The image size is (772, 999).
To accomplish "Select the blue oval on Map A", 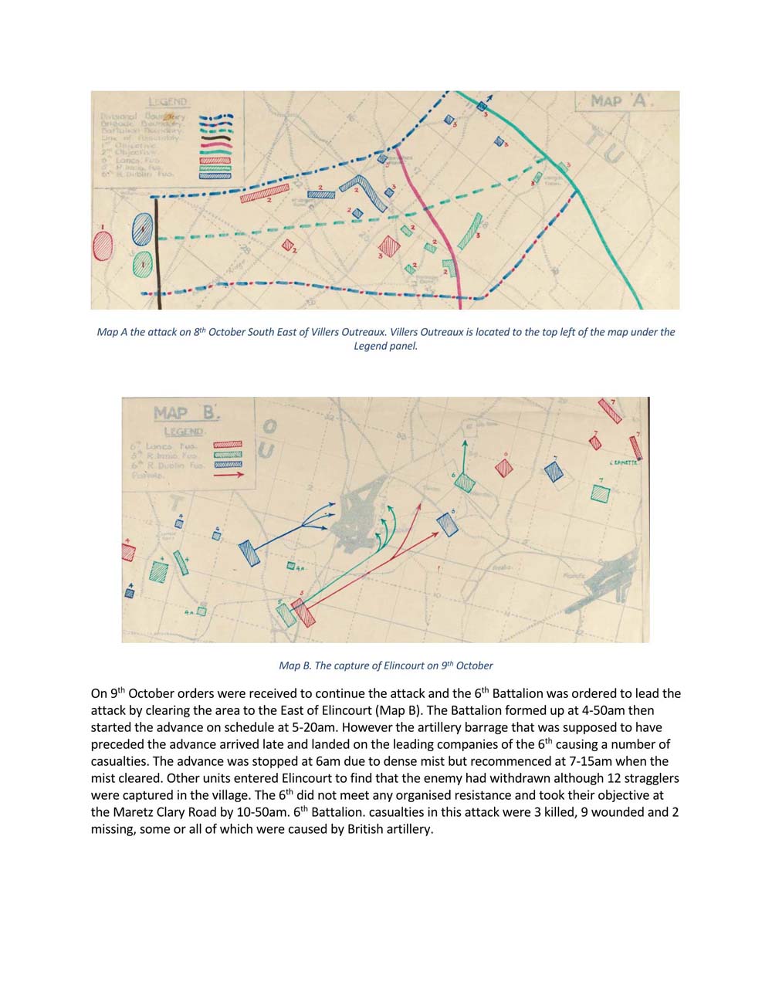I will pos(143,229).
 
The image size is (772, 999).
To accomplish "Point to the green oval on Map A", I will pos(141,265).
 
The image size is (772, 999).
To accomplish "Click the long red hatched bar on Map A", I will pos(264,192).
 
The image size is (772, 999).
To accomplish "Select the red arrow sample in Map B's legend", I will pos(228,475).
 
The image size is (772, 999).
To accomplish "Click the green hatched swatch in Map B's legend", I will pos(228,455).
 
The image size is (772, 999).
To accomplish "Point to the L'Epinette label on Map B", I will pos(622,463).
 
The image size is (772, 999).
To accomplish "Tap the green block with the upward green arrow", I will pos(464,482).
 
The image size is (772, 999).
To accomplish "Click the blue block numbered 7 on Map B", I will pos(554,472).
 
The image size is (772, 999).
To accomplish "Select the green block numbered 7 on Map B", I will pos(600,493).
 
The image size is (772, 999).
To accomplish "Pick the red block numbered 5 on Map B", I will pos(303,612).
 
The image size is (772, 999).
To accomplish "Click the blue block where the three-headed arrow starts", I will pos(249,553).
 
